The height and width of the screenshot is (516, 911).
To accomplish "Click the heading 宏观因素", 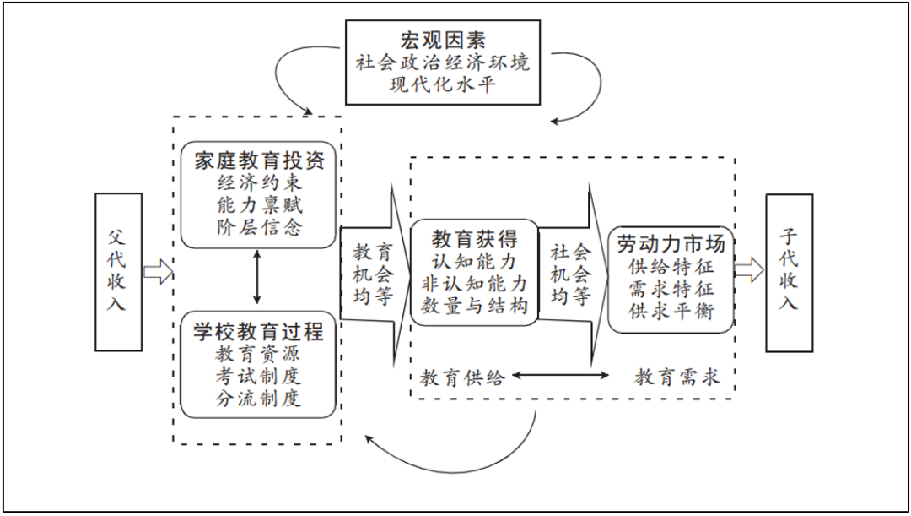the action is (x=443, y=40).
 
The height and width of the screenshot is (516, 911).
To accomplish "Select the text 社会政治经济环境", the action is (x=443, y=62).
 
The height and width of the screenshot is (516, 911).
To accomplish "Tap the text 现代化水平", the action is (x=443, y=84).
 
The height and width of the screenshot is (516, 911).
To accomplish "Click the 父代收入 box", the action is (x=119, y=272).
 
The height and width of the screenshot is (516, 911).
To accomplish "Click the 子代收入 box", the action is (x=789, y=273).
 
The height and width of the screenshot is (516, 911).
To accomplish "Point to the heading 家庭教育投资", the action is (x=259, y=160).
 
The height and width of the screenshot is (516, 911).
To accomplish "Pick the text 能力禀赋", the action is (x=259, y=204).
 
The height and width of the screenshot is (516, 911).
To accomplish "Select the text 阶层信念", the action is (x=259, y=227).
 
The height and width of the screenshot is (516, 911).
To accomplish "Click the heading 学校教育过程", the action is (x=259, y=332).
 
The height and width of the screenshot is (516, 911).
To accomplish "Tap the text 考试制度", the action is (x=259, y=376).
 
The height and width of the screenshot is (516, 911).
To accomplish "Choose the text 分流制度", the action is (x=259, y=399).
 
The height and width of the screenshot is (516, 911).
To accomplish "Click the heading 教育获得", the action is (x=474, y=238).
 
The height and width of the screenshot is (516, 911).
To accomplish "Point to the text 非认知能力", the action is (x=474, y=284).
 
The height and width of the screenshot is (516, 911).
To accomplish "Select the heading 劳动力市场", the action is (x=671, y=244).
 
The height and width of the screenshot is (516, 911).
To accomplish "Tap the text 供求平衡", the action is (x=671, y=311).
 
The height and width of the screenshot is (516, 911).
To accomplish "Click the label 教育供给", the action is (x=462, y=377).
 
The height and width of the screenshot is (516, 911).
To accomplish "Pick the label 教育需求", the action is (x=677, y=377).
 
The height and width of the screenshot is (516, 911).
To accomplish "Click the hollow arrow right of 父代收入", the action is (x=159, y=272).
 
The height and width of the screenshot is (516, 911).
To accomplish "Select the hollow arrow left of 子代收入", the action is (x=749, y=270).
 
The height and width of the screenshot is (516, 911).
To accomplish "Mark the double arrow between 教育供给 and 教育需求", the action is (x=560, y=376).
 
